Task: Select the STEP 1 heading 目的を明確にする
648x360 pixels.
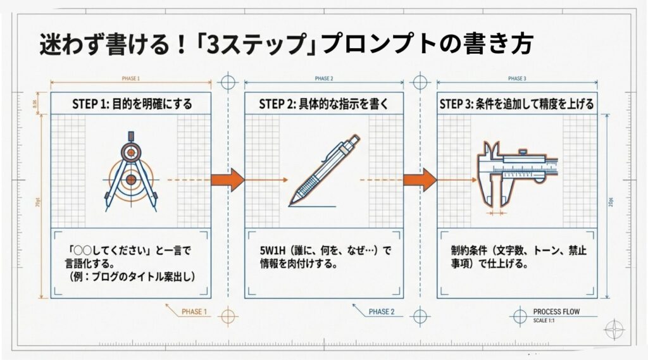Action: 131,104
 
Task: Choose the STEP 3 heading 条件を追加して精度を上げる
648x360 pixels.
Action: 516,104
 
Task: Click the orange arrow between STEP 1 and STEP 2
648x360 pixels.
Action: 228,180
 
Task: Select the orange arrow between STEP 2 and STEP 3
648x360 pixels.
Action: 420,180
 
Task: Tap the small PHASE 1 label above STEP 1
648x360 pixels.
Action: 130,79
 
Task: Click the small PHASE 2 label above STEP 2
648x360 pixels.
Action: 323,79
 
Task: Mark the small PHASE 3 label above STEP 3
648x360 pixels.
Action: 516,79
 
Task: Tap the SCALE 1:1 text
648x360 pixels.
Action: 546,320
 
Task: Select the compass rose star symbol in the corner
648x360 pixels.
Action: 614,330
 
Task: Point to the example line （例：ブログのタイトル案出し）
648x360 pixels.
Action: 132,276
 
